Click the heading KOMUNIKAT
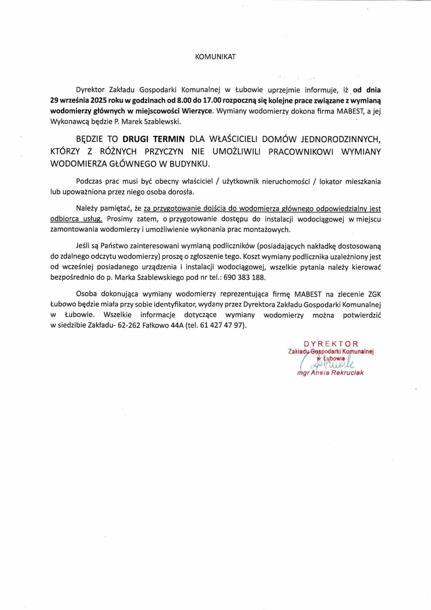pos(215,57)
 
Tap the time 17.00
pos(212,100)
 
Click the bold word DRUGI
pos(135,139)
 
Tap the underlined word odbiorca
pos(65,219)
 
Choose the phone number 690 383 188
pos(244,277)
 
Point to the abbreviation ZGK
pos(375,294)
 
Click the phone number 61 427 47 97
pos(221,325)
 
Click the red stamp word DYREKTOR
pos(331,344)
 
